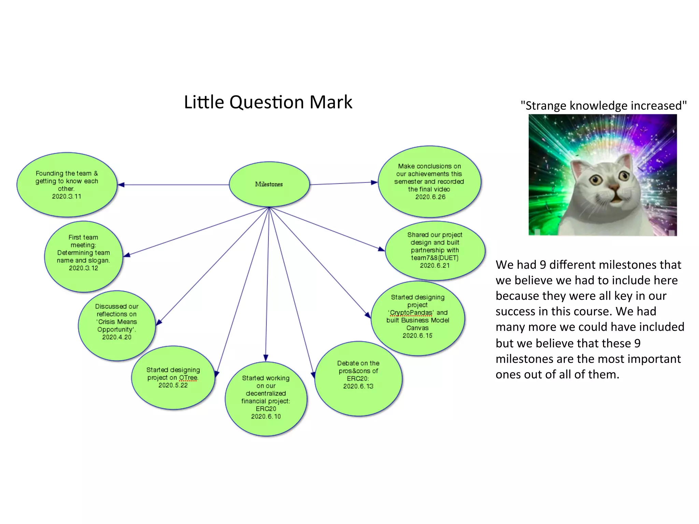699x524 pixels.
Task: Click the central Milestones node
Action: coord(269,184)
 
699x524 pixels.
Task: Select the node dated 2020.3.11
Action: coord(67,185)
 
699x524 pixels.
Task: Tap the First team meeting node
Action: coord(83,256)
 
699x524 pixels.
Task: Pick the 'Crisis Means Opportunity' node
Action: coord(117,325)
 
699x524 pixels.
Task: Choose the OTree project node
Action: coord(173,377)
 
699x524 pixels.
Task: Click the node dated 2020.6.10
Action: coord(266,398)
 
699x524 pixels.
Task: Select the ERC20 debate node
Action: coord(358,378)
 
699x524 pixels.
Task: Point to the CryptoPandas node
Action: coord(417,318)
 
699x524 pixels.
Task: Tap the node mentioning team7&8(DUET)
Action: coord(435,250)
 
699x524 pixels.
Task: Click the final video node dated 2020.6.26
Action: coord(429,181)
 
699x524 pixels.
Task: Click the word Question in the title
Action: coord(267,102)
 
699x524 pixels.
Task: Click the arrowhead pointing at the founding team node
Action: coord(121,185)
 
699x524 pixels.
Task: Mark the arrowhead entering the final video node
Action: coord(374,182)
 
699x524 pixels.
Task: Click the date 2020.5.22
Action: coord(173,385)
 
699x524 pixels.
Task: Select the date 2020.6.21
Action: coord(435,265)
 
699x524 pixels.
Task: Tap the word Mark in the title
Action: coord(331,102)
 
